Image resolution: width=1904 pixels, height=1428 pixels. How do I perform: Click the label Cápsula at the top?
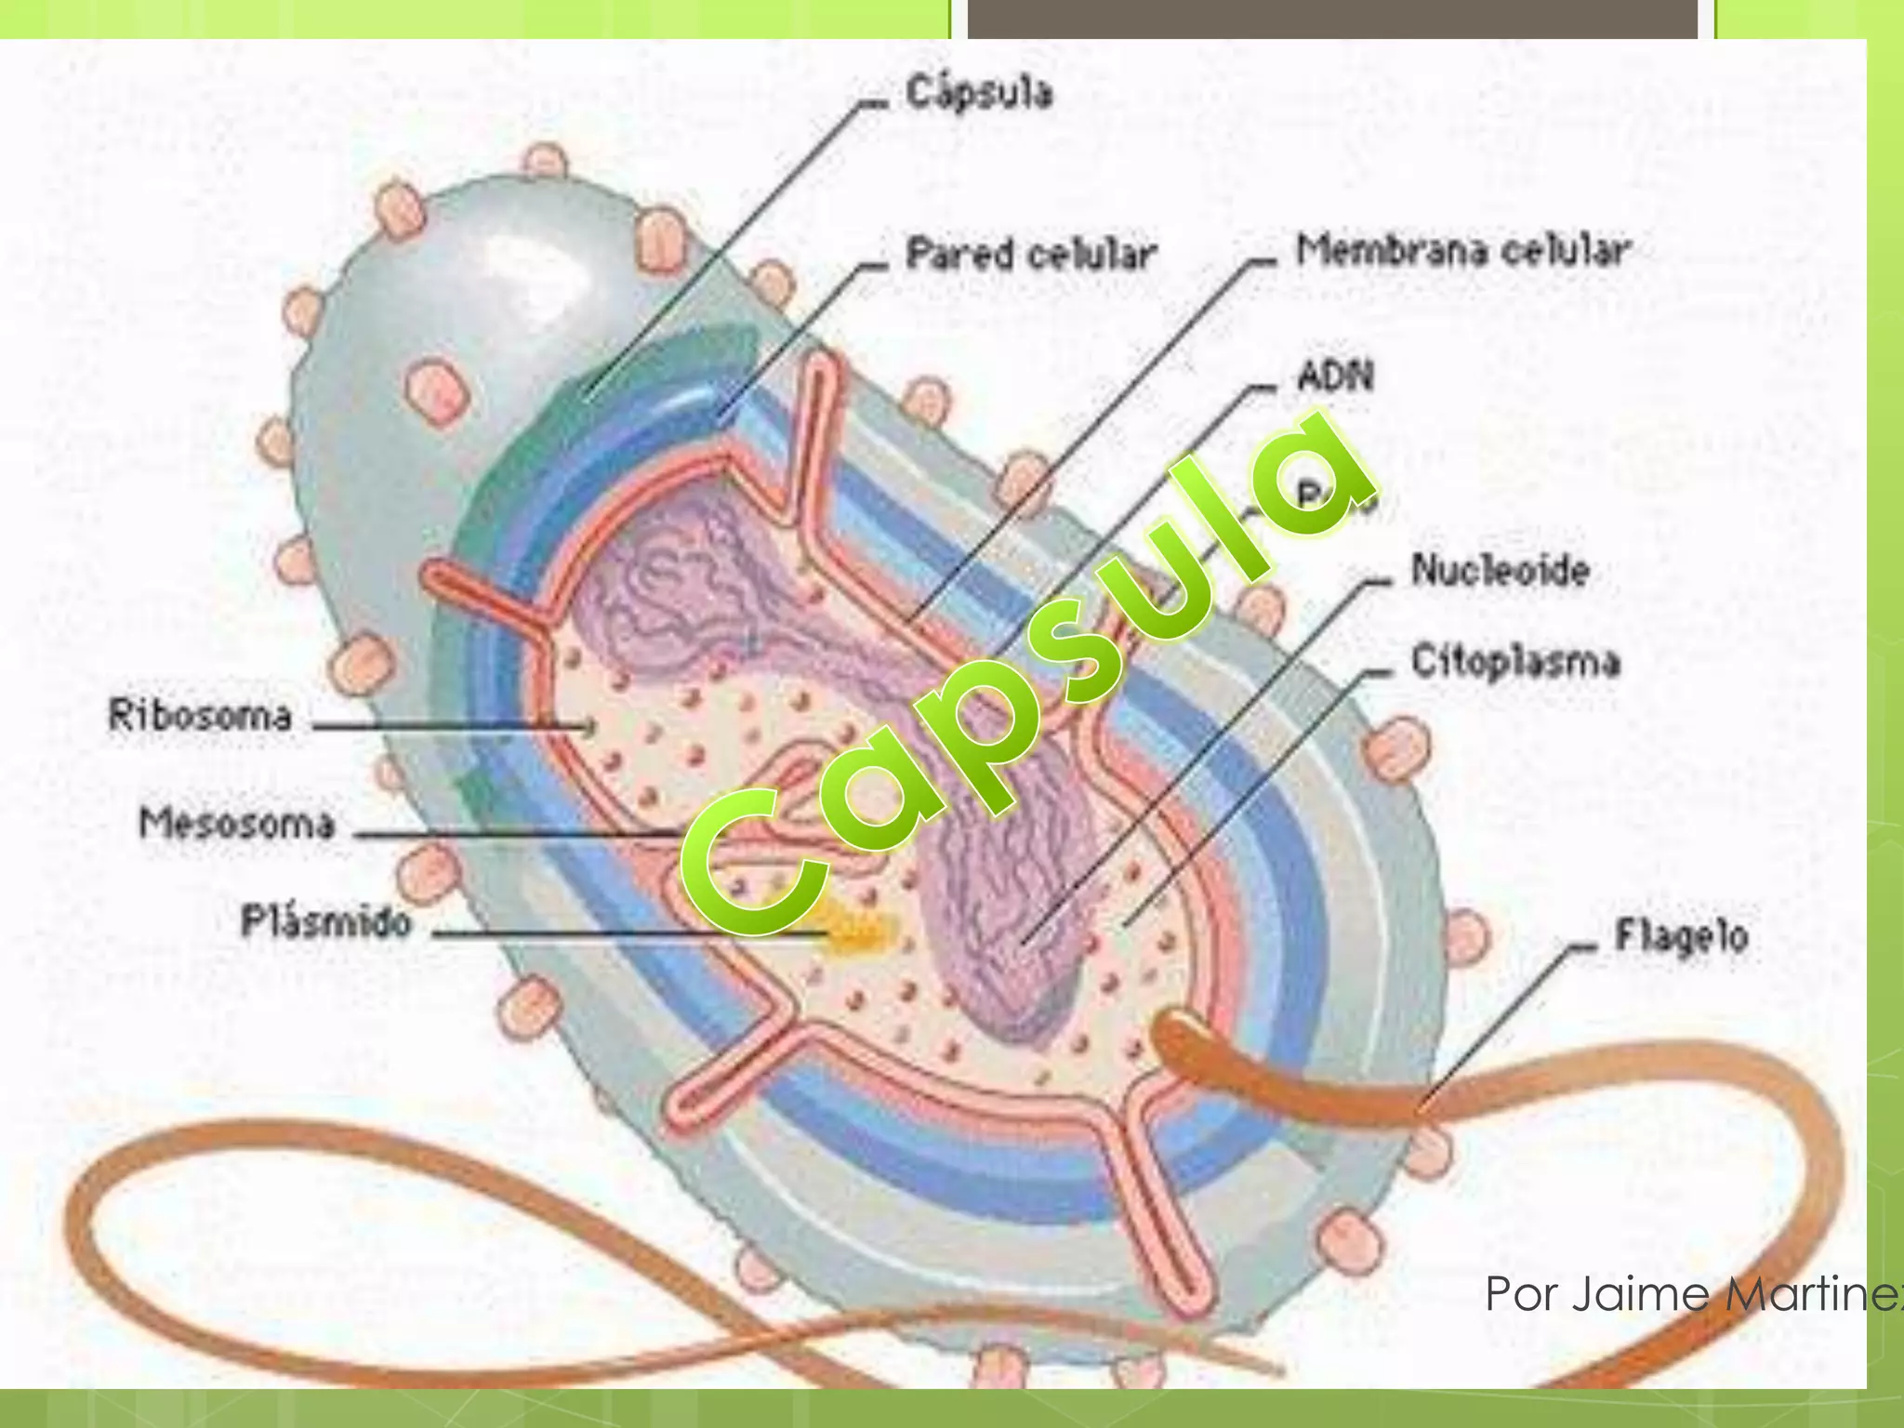(x=979, y=92)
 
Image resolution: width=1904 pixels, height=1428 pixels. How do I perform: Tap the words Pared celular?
(x=1031, y=253)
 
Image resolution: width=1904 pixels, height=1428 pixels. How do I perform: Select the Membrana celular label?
(x=1463, y=250)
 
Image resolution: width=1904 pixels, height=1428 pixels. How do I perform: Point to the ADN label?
(x=1335, y=376)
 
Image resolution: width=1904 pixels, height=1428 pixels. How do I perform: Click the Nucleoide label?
(x=1500, y=570)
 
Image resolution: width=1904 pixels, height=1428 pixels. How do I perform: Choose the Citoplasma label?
(x=1515, y=661)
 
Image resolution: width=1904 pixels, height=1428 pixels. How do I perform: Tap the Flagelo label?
(x=1681, y=935)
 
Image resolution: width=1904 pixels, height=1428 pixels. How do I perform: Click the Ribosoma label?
(x=200, y=715)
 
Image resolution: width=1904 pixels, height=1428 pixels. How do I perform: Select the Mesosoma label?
(x=236, y=824)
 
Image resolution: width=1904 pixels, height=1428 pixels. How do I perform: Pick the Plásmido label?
(x=324, y=921)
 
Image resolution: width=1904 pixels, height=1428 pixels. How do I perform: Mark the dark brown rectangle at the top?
(x=1332, y=19)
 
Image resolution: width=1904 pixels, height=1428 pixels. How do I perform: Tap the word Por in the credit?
(x=1521, y=1293)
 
